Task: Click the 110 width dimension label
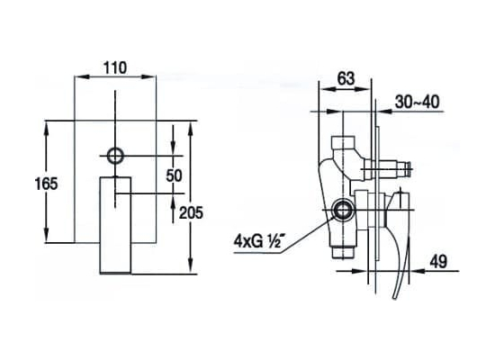115,67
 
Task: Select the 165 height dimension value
47,184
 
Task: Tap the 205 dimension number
191,212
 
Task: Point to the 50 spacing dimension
174,175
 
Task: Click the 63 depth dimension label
346,78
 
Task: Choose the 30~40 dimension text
418,102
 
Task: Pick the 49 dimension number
438,262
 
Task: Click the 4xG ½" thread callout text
257,241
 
